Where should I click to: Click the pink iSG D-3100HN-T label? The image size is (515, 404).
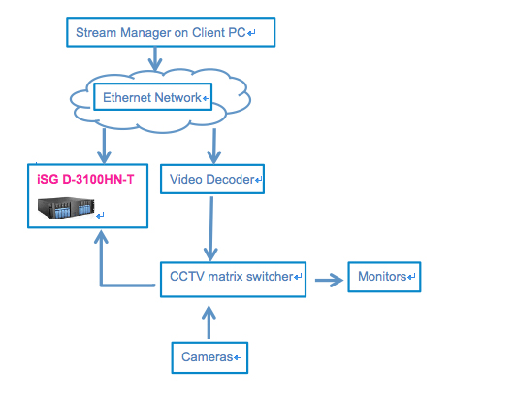tap(85, 180)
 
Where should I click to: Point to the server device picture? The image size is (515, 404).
tap(66, 208)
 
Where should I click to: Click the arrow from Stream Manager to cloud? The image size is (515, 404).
tap(155, 59)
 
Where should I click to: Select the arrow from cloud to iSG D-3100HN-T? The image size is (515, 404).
tap(104, 146)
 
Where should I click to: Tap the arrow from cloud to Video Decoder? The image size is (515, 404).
tap(214, 146)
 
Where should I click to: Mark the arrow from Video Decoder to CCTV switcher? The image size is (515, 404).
tap(211, 228)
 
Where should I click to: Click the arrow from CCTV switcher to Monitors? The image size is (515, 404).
tap(329, 280)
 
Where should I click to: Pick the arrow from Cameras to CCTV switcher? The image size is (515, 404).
tap(209, 322)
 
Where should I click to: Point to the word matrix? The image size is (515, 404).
tap(225, 277)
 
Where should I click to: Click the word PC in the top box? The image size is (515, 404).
tap(238, 33)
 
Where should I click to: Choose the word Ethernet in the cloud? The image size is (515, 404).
tap(127, 98)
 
